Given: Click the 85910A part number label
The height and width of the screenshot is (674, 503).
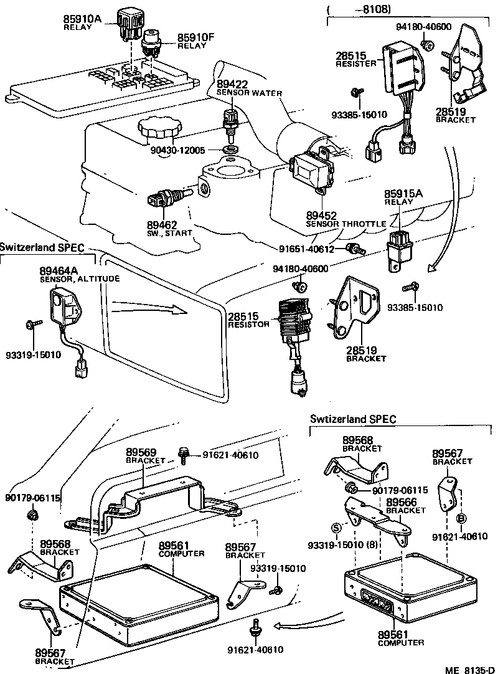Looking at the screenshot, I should (81, 19).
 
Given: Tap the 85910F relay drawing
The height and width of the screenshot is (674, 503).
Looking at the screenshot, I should (151, 42).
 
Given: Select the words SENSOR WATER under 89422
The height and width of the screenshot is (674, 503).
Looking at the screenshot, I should (249, 93).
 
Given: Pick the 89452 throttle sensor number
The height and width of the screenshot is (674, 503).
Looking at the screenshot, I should (321, 216).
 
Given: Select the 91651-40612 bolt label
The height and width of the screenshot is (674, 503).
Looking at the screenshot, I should (307, 249).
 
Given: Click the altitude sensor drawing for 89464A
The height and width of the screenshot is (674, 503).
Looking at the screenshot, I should (65, 306).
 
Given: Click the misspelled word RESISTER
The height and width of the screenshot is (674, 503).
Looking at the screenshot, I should (355, 64).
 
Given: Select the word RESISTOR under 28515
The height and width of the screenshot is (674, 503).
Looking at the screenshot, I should (248, 325).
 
